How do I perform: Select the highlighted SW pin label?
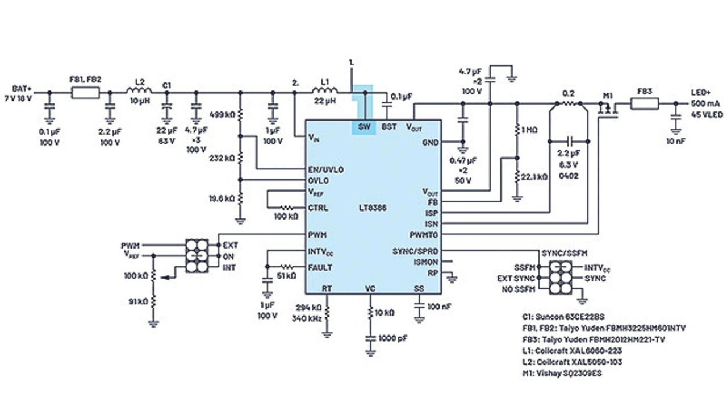click(x=364, y=127)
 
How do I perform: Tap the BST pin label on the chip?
click(x=389, y=127)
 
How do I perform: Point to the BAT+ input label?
click(x=22, y=89)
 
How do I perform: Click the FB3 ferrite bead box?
click(x=645, y=103)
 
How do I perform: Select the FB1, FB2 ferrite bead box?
click(x=85, y=93)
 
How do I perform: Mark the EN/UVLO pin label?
click(x=325, y=169)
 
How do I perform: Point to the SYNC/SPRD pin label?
click(x=416, y=251)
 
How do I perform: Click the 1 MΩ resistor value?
click(x=529, y=130)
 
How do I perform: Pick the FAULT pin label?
click(x=320, y=267)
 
